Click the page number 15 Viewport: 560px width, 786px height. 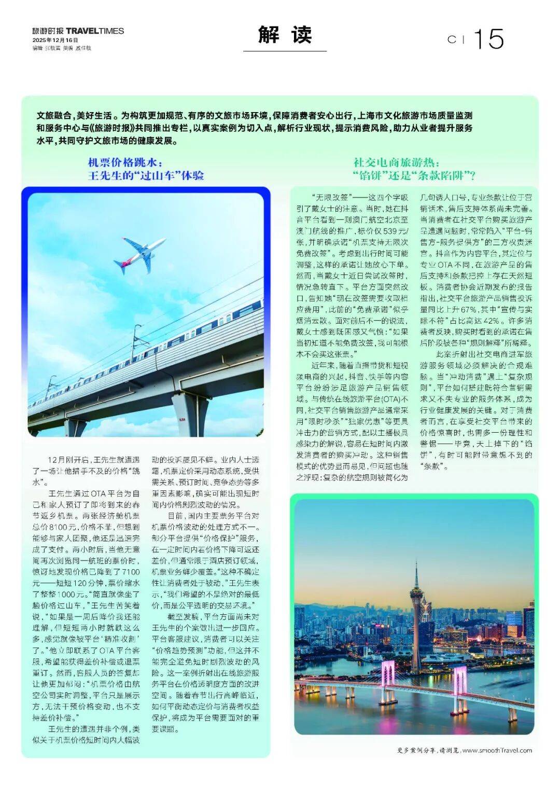click(x=488, y=39)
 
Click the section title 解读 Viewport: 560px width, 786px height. click(x=285, y=35)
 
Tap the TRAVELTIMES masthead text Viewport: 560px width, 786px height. click(x=95, y=31)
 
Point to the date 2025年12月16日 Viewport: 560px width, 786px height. click(x=55, y=40)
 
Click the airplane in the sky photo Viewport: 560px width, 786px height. click(x=139, y=254)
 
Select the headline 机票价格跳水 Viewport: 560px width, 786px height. click(x=125, y=163)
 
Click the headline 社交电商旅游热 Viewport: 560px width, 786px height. click(x=396, y=163)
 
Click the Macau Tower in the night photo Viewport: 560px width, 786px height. click(x=416, y=597)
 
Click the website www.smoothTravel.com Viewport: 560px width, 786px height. click(x=497, y=750)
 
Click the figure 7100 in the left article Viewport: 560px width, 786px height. click(x=129, y=572)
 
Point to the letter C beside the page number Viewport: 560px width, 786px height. click(x=452, y=39)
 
